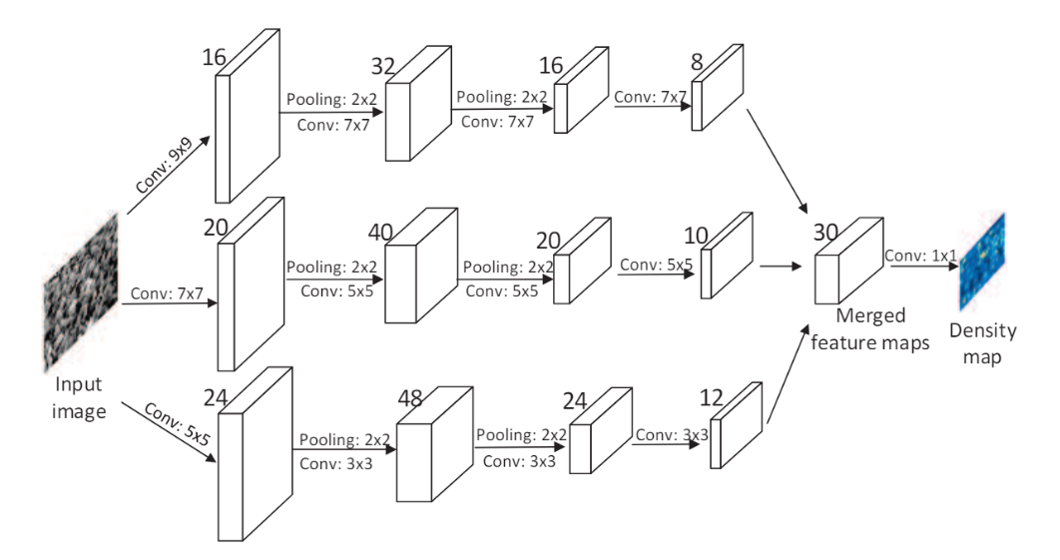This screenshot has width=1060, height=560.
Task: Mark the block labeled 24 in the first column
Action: pyautogui.click(x=255, y=454)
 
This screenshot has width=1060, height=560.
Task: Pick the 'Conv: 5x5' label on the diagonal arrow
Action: pyautogui.click(x=175, y=426)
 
